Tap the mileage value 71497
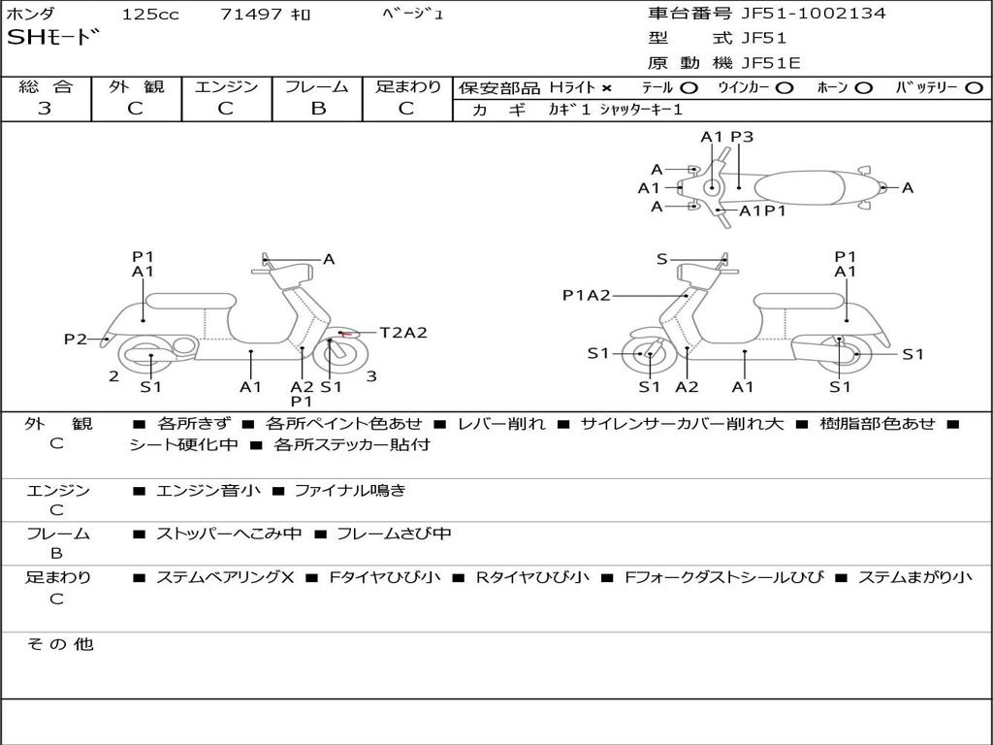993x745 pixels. [x=251, y=15]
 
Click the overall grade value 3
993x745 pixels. [x=45, y=108]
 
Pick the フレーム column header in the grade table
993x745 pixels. [x=317, y=86]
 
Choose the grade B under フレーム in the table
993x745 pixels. [x=317, y=108]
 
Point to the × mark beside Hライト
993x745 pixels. [x=606, y=87]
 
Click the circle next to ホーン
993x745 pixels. [x=864, y=87]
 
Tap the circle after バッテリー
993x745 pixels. [x=974, y=87]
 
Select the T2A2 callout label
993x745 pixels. [x=402, y=333]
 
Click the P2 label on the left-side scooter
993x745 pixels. [x=76, y=339]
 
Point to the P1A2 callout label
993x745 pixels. [x=587, y=295]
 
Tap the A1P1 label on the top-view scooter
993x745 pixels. [x=762, y=211]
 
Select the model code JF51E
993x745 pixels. [x=771, y=63]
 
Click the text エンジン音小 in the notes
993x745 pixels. [x=208, y=491]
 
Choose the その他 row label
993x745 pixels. [x=59, y=644]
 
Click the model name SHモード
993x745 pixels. [x=53, y=39]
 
